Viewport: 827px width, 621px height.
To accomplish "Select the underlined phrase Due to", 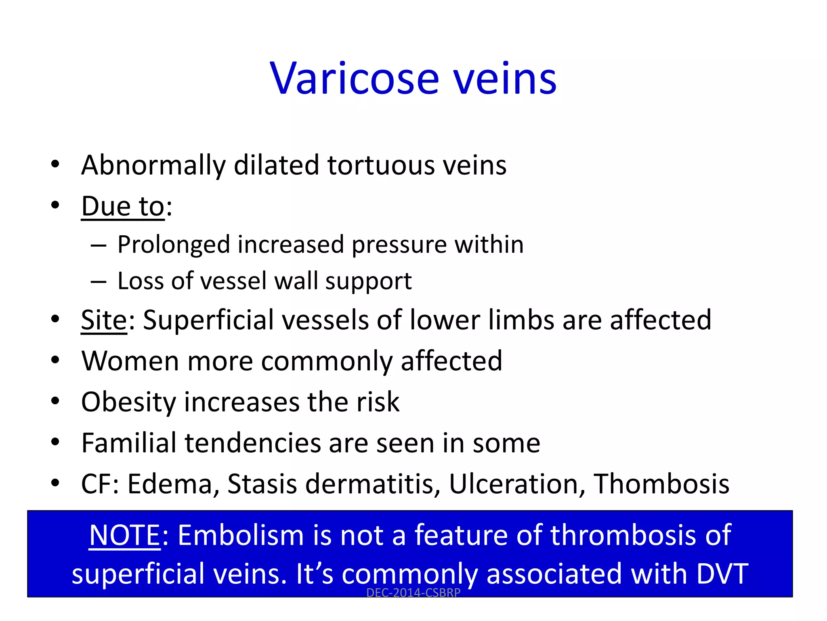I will click(x=123, y=206).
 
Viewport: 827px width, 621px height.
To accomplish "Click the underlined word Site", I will click(x=104, y=320).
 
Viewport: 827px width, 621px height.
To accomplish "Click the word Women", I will click(x=130, y=361).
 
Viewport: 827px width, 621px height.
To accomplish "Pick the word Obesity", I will click(x=128, y=402).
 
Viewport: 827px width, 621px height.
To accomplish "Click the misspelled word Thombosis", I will click(x=661, y=484).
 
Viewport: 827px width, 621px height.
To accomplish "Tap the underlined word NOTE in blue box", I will click(x=124, y=535).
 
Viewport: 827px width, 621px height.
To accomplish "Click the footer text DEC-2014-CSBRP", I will click(x=413, y=593).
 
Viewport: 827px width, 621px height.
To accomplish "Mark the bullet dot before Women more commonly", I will click(x=55, y=360).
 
